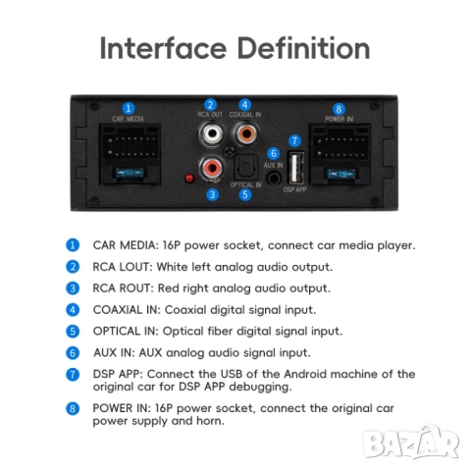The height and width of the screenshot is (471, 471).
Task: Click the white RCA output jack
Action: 212,133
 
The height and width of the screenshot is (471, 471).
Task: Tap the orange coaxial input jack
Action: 245,133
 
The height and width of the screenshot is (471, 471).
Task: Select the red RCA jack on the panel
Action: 212,168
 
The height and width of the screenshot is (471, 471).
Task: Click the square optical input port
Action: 243,167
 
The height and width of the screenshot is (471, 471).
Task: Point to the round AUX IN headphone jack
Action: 274,179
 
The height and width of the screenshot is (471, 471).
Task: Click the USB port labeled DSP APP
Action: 295,168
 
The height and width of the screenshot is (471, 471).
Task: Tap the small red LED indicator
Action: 189,179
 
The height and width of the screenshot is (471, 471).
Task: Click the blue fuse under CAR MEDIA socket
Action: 130,172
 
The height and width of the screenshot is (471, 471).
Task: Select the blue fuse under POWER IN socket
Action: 340,174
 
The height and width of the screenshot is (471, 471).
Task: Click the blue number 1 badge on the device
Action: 129,108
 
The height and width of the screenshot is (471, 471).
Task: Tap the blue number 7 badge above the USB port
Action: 294,140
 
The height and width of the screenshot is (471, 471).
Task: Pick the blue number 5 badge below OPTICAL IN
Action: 245,194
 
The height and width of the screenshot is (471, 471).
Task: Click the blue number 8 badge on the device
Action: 339,109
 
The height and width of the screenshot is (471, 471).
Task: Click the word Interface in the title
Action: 163,48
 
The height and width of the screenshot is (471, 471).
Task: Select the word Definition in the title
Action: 303,48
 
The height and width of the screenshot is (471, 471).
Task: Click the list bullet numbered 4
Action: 73,310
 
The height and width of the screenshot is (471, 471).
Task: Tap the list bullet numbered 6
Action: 73,353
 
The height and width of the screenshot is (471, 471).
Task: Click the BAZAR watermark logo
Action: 411,443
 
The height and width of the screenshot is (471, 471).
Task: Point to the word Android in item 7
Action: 305,374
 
